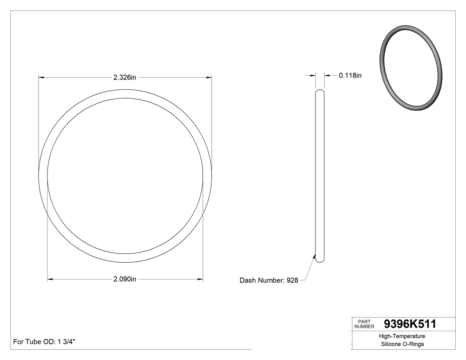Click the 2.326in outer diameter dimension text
click(124, 77)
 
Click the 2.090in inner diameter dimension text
click(124, 279)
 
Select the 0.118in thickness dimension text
click(350, 75)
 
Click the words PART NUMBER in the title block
click(364, 324)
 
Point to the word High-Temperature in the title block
click(403, 336)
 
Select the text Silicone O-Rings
click(403, 344)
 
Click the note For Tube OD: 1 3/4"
click(44, 342)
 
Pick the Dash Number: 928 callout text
click(269, 280)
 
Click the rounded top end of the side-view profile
click(320, 91)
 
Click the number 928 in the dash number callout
click(292, 280)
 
